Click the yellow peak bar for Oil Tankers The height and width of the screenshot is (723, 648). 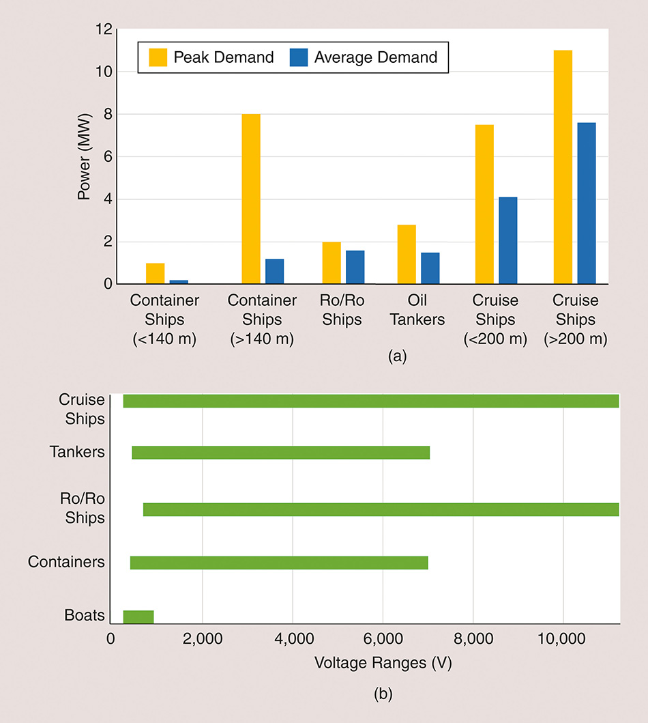[x=407, y=254]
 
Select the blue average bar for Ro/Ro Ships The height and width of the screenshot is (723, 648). [x=355, y=267]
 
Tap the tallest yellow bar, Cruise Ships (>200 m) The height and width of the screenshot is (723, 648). [x=563, y=167]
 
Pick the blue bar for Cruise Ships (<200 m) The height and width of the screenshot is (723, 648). [x=507, y=240]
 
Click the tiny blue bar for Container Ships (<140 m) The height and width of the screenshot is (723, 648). [x=179, y=281]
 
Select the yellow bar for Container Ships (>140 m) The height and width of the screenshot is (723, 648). [x=250, y=199]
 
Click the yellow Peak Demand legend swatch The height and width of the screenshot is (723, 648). [x=158, y=57]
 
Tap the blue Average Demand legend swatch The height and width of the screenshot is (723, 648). [x=298, y=57]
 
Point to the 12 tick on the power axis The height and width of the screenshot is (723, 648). [x=103, y=29]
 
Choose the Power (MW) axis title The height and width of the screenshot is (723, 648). [x=84, y=156]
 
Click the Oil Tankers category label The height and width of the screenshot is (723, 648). [x=417, y=309]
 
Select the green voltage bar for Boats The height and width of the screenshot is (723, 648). [x=138, y=616]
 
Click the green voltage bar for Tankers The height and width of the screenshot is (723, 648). [x=280, y=453]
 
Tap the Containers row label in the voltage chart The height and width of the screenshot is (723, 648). [x=67, y=562]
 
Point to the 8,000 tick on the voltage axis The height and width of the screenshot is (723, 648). [x=473, y=640]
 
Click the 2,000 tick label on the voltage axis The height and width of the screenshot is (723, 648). [x=203, y=640]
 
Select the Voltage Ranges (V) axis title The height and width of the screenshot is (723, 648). [x=383, y=662]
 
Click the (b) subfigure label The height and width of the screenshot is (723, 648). [x=383, y=695]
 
